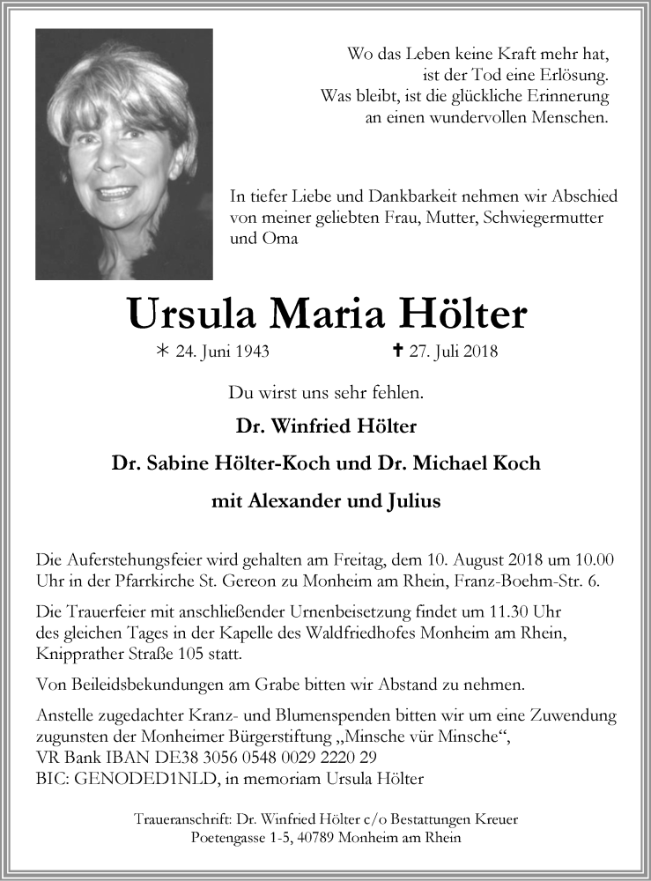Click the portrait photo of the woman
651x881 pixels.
[124, 154]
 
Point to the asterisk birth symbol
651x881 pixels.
[161, 352]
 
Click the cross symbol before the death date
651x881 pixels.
[398, 352]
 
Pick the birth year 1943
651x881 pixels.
[251, 353]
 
